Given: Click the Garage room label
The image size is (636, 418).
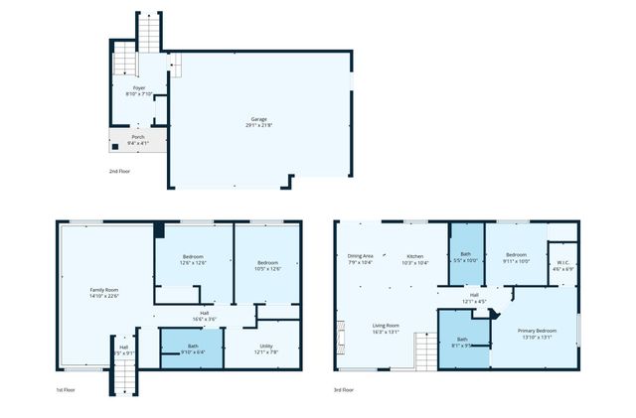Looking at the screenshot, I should [x=258, y=122].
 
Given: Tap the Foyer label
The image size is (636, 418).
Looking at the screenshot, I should [x=140, y=90].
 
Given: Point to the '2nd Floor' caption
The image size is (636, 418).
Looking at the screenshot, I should [x=120, y=172].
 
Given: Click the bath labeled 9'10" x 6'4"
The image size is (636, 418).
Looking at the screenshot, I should [x=193, y=348].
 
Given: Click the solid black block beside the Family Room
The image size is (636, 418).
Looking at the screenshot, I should [x=158, y=230].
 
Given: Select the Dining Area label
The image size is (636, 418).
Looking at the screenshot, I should [x=360, y=259].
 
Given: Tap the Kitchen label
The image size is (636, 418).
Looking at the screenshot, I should [x=413, y=259].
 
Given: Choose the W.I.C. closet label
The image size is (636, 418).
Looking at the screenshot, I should [x=563, y=265].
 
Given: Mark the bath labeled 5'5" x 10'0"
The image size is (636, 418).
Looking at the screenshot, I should [x=465, y=257].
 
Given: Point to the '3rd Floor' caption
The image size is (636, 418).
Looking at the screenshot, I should [x=345, y=390].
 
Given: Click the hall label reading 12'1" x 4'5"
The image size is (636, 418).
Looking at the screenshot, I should [x=475, y=298].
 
